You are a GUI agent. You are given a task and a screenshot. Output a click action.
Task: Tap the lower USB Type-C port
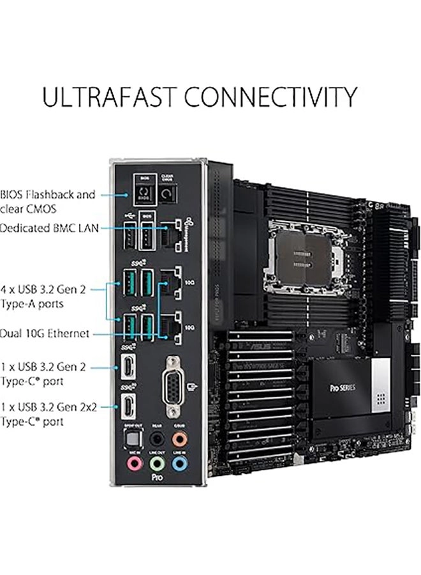click(128, 406)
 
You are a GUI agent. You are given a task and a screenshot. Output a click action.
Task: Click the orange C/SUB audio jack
click(181, 439)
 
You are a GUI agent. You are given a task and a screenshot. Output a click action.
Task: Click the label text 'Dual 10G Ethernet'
click(45, 333)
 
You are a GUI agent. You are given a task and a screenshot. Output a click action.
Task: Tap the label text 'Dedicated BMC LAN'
click(49, 227)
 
